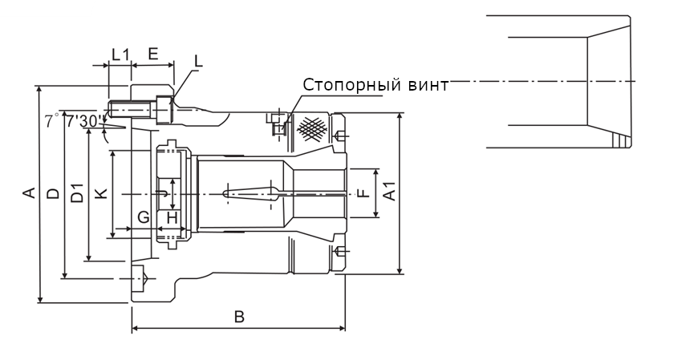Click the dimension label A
(28, 193)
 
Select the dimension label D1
(77, 193)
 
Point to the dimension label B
(238, 317)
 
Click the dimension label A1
(389, 193)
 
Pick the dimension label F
(363, 193)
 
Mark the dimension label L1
(120, 55)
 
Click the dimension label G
(143, 216)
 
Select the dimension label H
(171, 216)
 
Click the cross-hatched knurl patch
(314, 127)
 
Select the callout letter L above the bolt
(198, 60)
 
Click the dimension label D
(52, 193)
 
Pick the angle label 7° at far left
(51, 121)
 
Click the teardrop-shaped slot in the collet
(249, 193)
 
